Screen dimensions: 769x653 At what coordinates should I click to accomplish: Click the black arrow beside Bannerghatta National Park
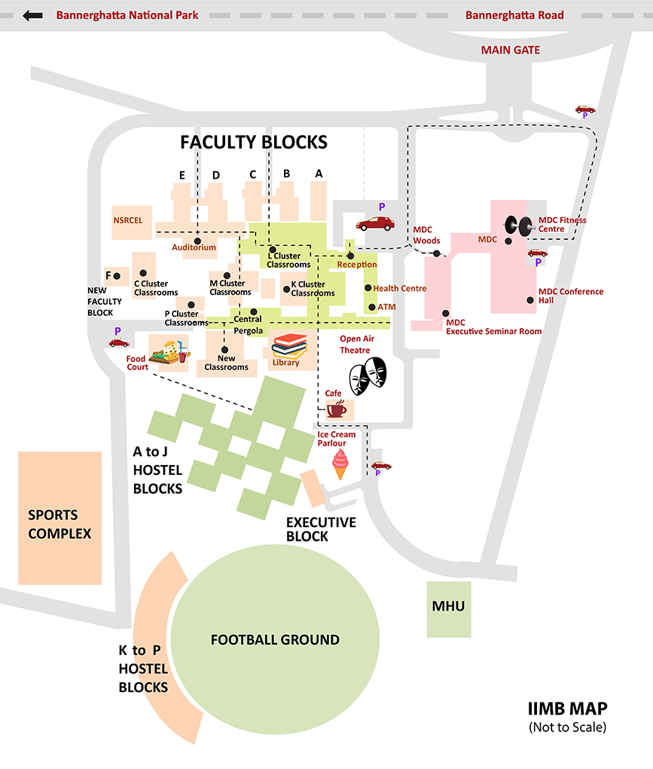(33, 15)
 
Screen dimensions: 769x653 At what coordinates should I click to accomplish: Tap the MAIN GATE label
(511, 51)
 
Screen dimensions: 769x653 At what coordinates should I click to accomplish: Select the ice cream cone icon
(341, 461)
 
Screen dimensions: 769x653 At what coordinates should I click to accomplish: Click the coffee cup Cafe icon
(336, 409)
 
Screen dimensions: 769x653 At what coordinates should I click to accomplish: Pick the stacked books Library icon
(289, 348)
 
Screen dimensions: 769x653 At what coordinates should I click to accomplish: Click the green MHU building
(448, 607)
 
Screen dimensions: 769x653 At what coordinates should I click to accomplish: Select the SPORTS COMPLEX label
(60, 525)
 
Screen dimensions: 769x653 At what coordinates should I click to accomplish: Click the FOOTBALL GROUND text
(275, 640)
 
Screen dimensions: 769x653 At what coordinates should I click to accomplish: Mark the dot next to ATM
(371, 307)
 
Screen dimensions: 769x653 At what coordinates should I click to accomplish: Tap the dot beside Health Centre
(368, 288)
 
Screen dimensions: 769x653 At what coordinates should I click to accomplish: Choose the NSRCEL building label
(132, 221)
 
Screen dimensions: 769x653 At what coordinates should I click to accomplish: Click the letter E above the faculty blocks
(182, 175)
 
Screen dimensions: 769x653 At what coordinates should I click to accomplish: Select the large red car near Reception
(375, 223)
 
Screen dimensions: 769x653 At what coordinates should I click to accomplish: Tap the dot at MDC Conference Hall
(531, 300)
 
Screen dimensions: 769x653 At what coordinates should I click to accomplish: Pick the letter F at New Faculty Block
(109, 275)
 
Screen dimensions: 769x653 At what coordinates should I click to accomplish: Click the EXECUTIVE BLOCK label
(321, 529)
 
